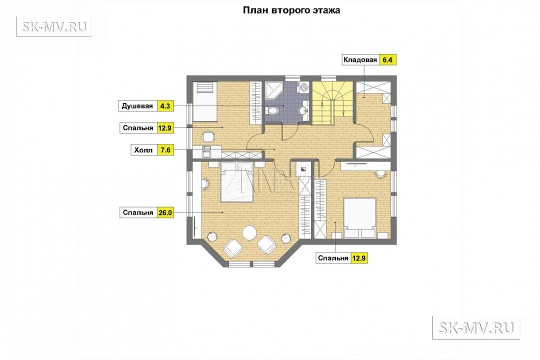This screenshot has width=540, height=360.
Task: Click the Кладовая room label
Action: point(360,60)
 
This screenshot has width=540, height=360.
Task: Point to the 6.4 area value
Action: point(387,60)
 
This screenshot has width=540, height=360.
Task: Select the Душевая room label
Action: point(137,106)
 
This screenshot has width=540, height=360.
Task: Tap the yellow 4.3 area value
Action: point(165,106)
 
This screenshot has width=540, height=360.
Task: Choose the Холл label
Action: point(143,150)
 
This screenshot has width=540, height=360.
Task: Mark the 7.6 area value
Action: point(165,150)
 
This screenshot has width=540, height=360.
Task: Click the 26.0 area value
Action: point(165,213)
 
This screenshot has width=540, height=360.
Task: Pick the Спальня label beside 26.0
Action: point(138,213)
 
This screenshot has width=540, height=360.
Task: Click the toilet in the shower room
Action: point(272,110)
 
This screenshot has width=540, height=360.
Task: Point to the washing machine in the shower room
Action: point(303,86)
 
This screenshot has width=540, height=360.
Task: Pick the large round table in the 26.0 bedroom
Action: point(250,233)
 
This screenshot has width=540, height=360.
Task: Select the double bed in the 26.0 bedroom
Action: point(236,181)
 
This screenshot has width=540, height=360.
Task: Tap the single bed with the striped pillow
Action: point(204,101)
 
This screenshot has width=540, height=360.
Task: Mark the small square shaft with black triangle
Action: point(303,169)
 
